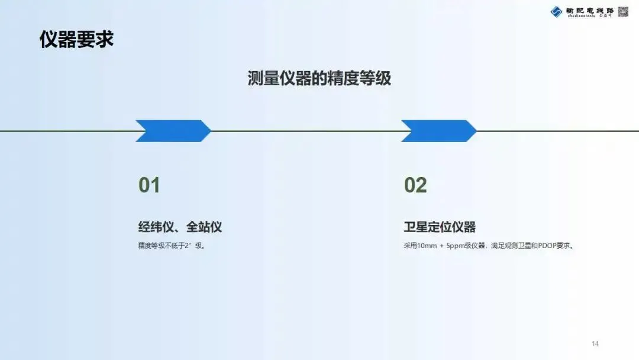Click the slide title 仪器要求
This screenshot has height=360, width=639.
click(x=76, y=40)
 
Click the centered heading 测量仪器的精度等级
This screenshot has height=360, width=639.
click(x=319, y=79)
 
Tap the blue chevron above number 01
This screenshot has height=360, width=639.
click(x=173, y=131)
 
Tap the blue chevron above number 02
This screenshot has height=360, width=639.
click(x=438, y=131)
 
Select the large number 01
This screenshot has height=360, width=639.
click(x=149, y=185)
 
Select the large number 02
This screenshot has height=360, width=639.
click(x=415, y=185)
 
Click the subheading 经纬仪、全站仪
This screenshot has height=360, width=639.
click(x=180, y=227)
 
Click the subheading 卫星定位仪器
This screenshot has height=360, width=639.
click(x=440, y=227)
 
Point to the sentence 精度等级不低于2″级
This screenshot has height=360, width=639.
click(x=172, y=246)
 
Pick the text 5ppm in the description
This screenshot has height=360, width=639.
click(x=457, y=246)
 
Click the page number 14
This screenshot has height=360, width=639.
click(x=595, y=344)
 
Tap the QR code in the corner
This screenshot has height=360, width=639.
click(x=623, y=11)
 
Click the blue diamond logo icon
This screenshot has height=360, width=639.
click(x=556, y=11)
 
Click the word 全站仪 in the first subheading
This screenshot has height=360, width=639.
click(x=204, y=227)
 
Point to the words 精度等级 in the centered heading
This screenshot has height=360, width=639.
click(x=355, y=79)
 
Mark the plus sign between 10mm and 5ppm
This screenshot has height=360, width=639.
click(x=442, y=246)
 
